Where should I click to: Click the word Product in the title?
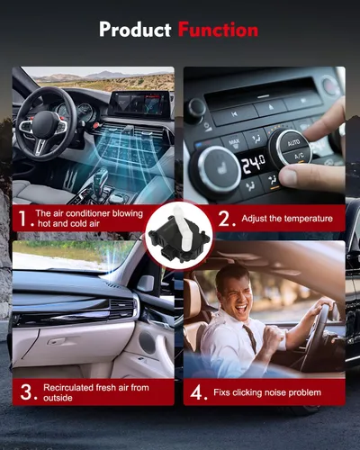(x=135, y=30)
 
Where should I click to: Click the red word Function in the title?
(x=218, y=30)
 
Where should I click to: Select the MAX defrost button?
(x=234, y=142)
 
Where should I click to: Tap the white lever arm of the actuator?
(x=182, y=229)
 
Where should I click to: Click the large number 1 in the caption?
(x=23, y=218)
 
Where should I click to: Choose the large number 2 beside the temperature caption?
(x=224, y=218)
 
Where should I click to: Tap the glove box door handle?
(x=57, y=341)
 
